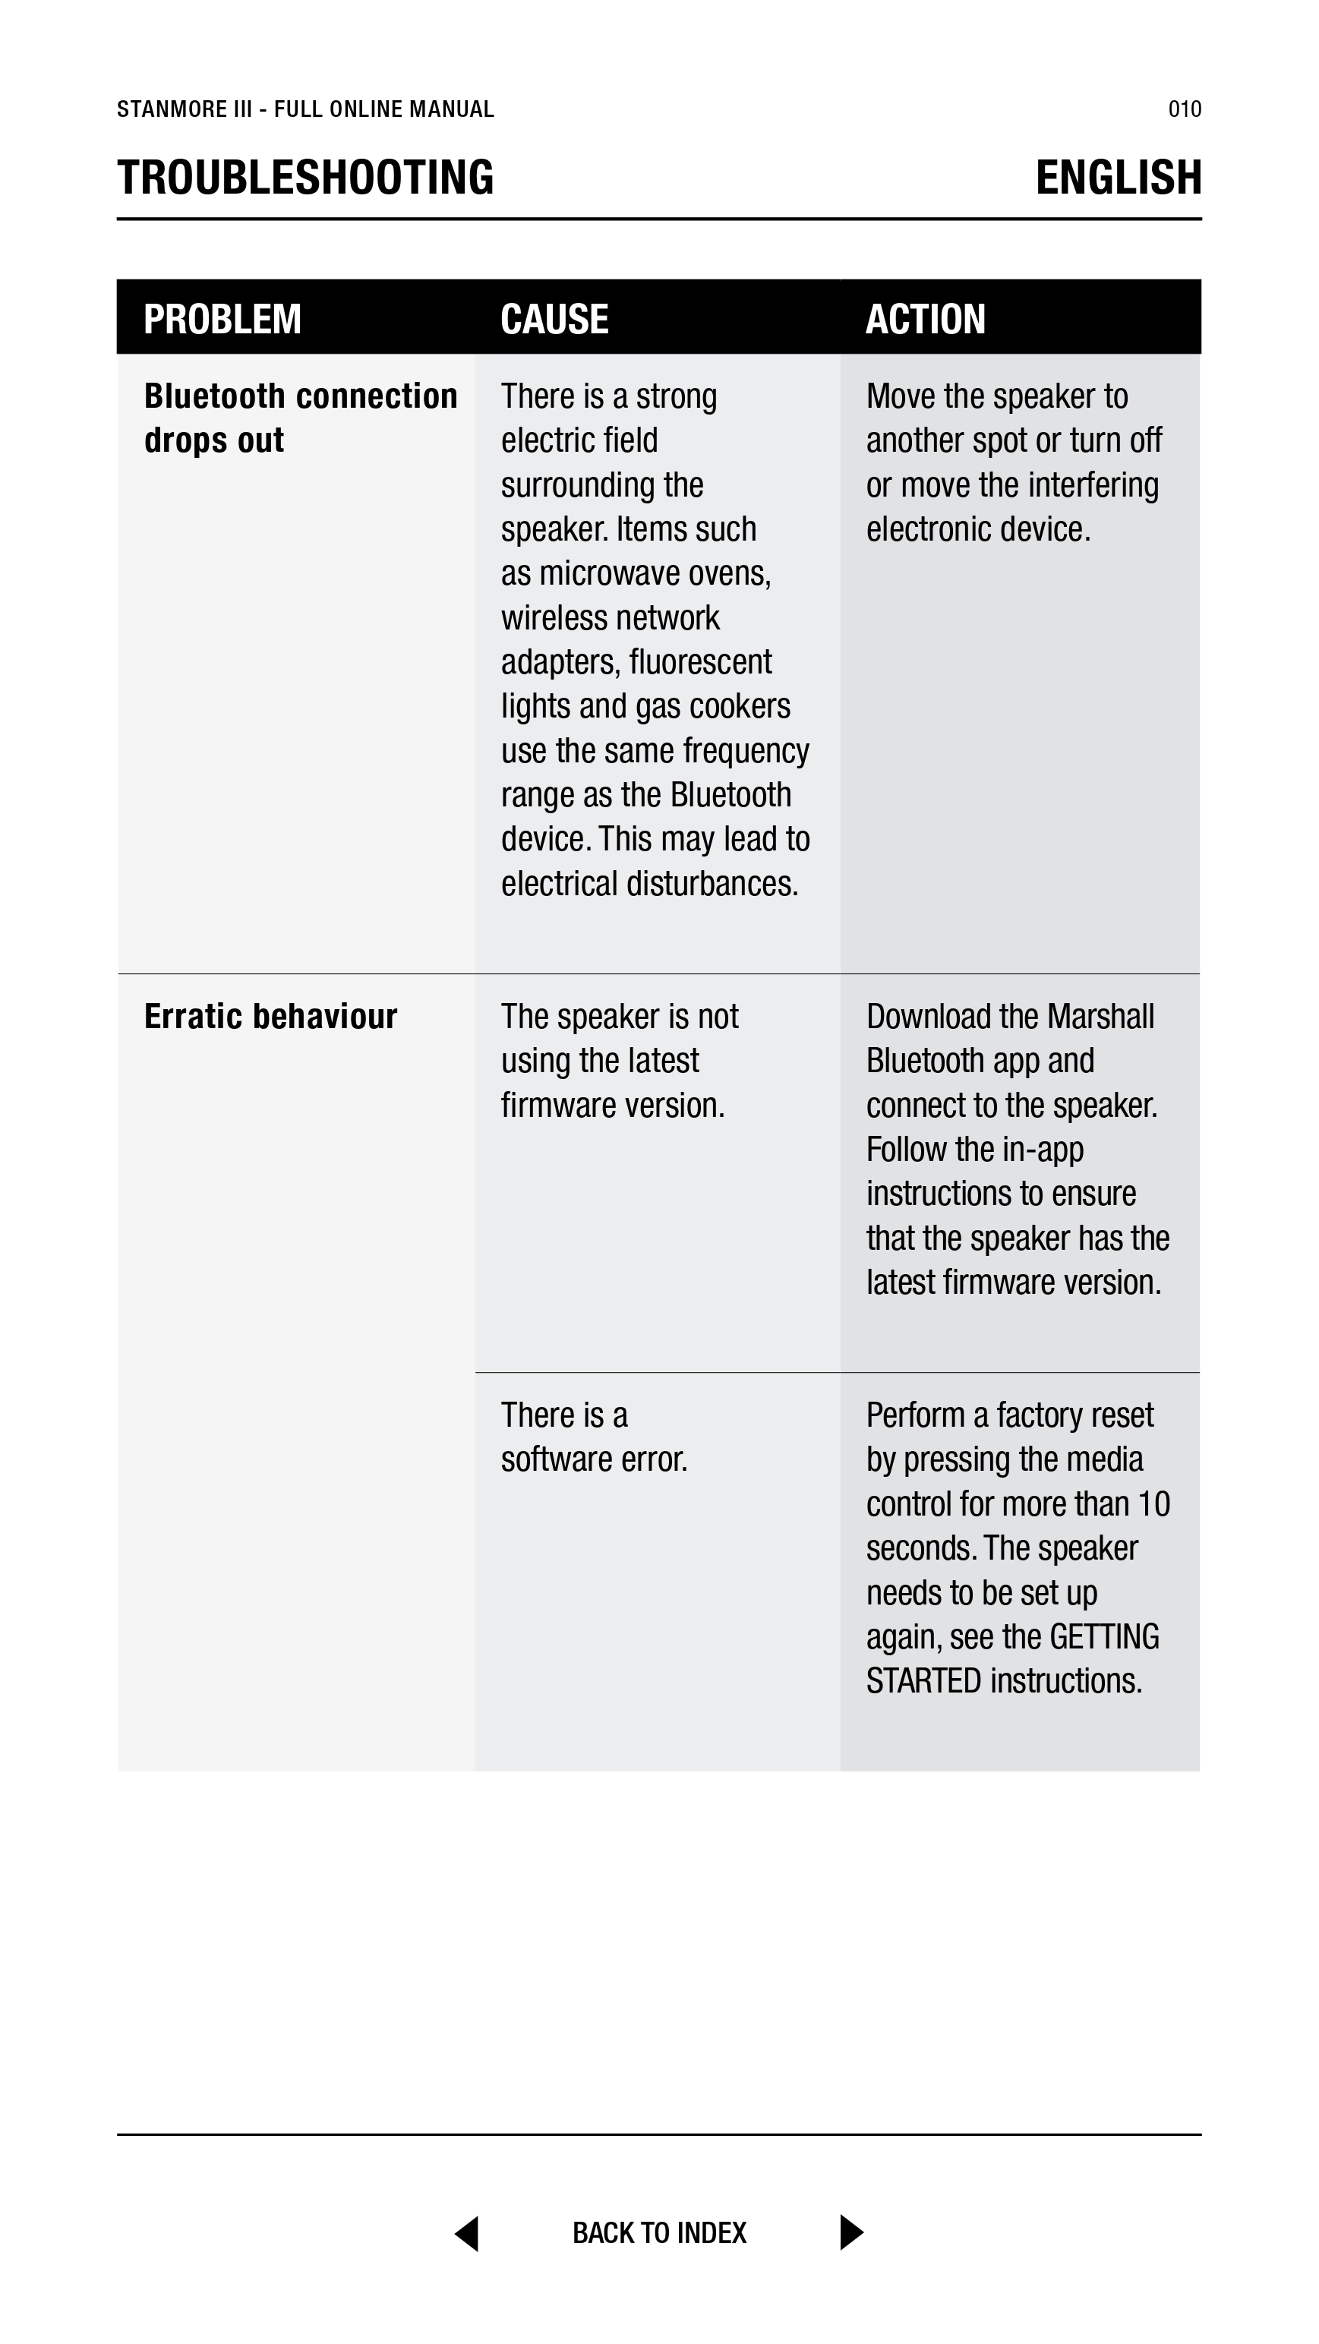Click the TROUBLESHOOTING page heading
point(305,178)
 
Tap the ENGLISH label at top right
point(1118,178)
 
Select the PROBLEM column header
point(222,320)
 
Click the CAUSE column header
point(554,320)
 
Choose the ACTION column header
point(925,320)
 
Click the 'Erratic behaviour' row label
point(270,1017)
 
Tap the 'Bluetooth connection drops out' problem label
point(301,418)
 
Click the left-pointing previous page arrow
point(467,2233)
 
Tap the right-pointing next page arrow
point(850,2233)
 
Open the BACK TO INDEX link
point(659,2233)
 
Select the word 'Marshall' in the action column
point(1100,1017)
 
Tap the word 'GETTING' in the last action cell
point(1103,1637)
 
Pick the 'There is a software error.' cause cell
point(594,1437)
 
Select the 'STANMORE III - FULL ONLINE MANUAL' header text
point(305,109)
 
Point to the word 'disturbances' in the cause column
point(709,885)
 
